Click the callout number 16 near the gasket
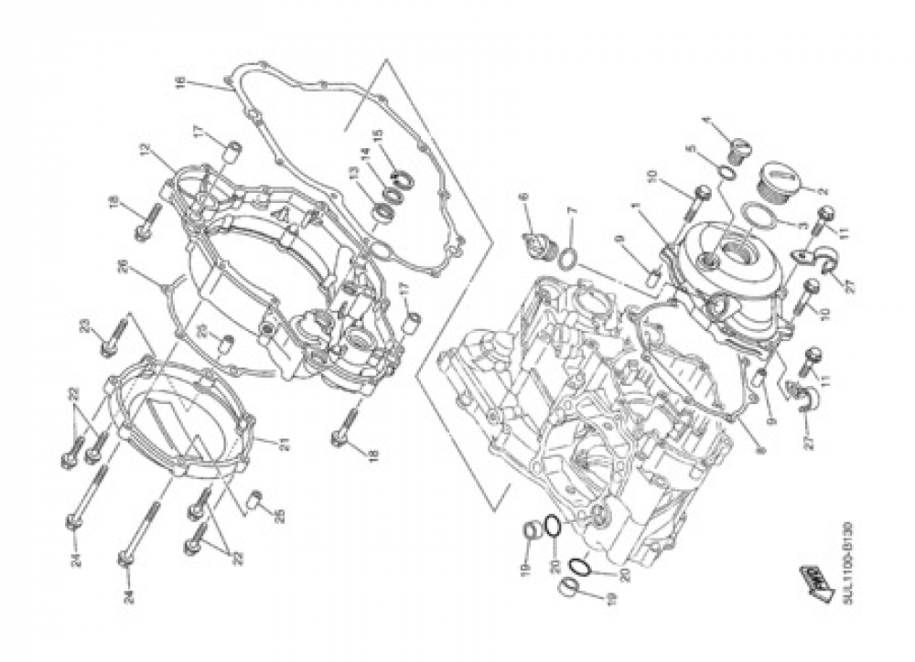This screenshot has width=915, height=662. (181, 83)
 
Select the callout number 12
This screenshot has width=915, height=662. (145, 148)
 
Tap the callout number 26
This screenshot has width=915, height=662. (121, 268)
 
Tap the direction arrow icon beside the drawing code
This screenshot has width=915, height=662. (812, 578)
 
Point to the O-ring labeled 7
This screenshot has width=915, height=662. (565, 256)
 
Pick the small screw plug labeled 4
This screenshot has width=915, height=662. (738, 144)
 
